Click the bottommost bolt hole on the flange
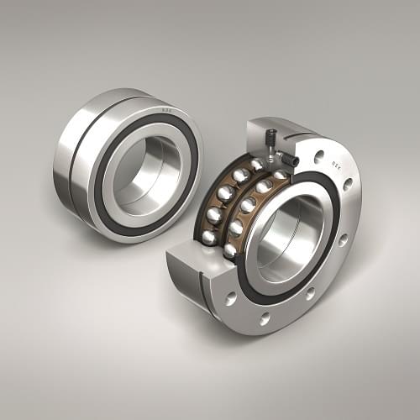pyautogui.click(x=265, y=318)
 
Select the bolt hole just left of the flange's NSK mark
pyautogui.click(x=319, y=155)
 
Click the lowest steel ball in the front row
pyautogui.click(x=229, y=250)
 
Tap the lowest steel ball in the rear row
pyautogui.click(x=208, y=238)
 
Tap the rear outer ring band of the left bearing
pyautogui.click(x=63, y=160)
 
